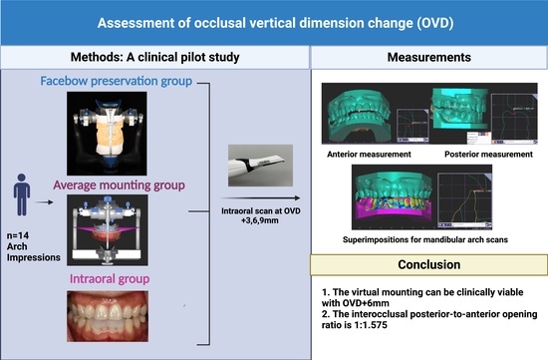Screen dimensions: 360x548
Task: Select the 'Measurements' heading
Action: coord(428,57)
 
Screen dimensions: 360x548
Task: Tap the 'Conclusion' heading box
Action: coord(428,266)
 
